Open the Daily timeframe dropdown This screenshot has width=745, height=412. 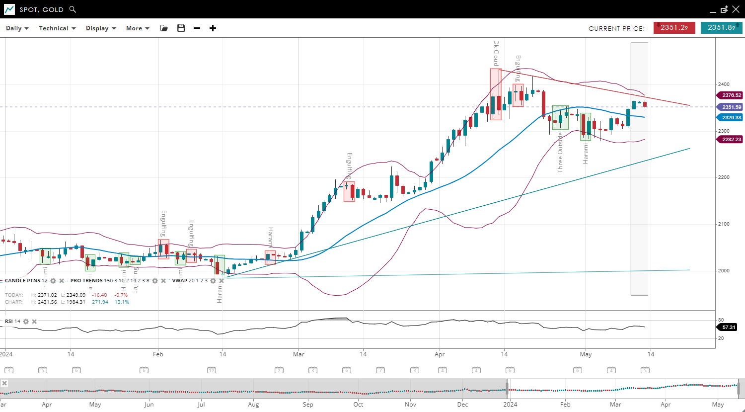tap(17, 28)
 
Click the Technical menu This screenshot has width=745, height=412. tap(57, 28)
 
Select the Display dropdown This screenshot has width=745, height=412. tap(101, 28)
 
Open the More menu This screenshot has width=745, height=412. tap(138, 28)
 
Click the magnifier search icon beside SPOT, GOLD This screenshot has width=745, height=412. tap(73, 9)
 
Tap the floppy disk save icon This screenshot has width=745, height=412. tap(181, 28)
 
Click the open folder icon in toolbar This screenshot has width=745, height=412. tap(164, 28)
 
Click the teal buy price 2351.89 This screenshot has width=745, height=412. tap(721, 28)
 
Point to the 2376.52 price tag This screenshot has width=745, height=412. tap(731, 95)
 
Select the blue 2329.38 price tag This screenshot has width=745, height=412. tap(731, 117)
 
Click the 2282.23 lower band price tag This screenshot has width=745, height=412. tap(731, 139)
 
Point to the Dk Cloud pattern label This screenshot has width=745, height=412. tap(496, 53)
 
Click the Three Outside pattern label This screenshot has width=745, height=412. tap(560, 152)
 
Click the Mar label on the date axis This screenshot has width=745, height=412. tap(298, 354)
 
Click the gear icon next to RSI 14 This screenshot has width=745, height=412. tap(26, 322)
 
